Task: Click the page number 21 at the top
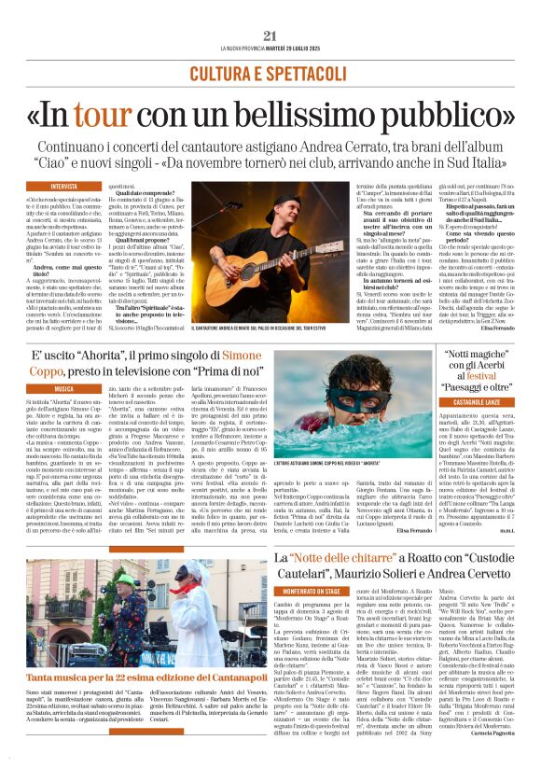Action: click(270, 35)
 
